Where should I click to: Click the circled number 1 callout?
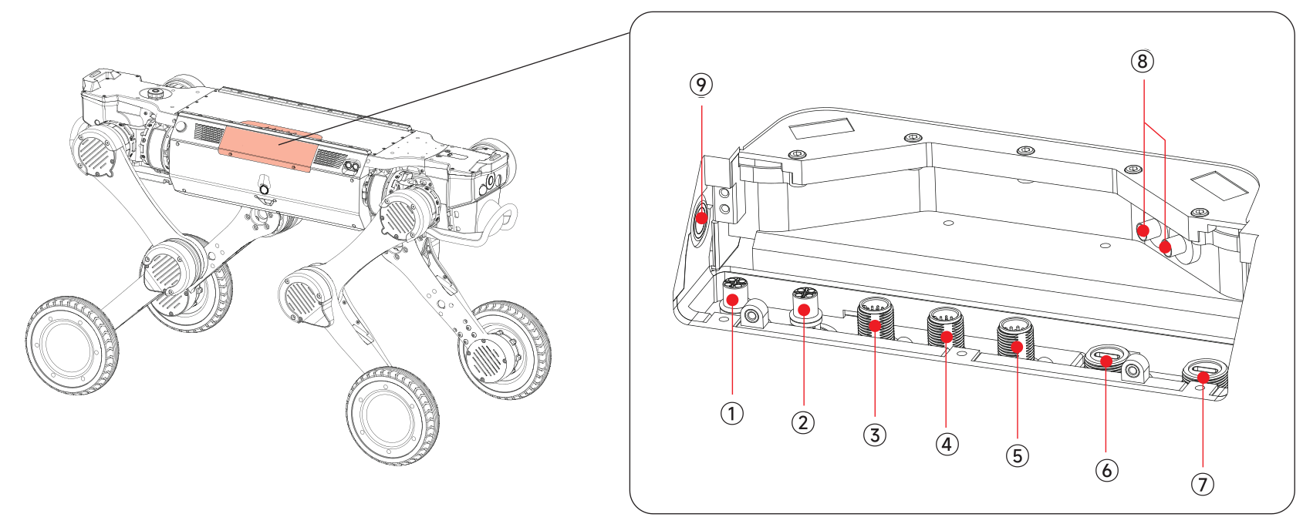[x=731, y=414]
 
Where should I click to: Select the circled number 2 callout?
[x=803, y=422]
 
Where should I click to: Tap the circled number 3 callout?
[x=874, y=435]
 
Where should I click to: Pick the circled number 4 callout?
[x=947, y=444]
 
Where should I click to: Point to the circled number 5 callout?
[x=1018, y=455]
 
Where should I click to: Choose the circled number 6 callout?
[x=1106, y=470]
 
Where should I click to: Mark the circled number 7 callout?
[x=1202, y=484]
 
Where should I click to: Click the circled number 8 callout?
[x=1142, y=62]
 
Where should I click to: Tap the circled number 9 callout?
[x=700, y=85]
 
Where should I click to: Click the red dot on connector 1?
[x=733, y=299]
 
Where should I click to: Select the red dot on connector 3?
[x=875, y=325]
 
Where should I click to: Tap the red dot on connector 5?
[x=1018, y=348]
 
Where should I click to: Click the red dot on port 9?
[x=701, y=218]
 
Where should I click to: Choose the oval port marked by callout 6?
[x=1106, y=358]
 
